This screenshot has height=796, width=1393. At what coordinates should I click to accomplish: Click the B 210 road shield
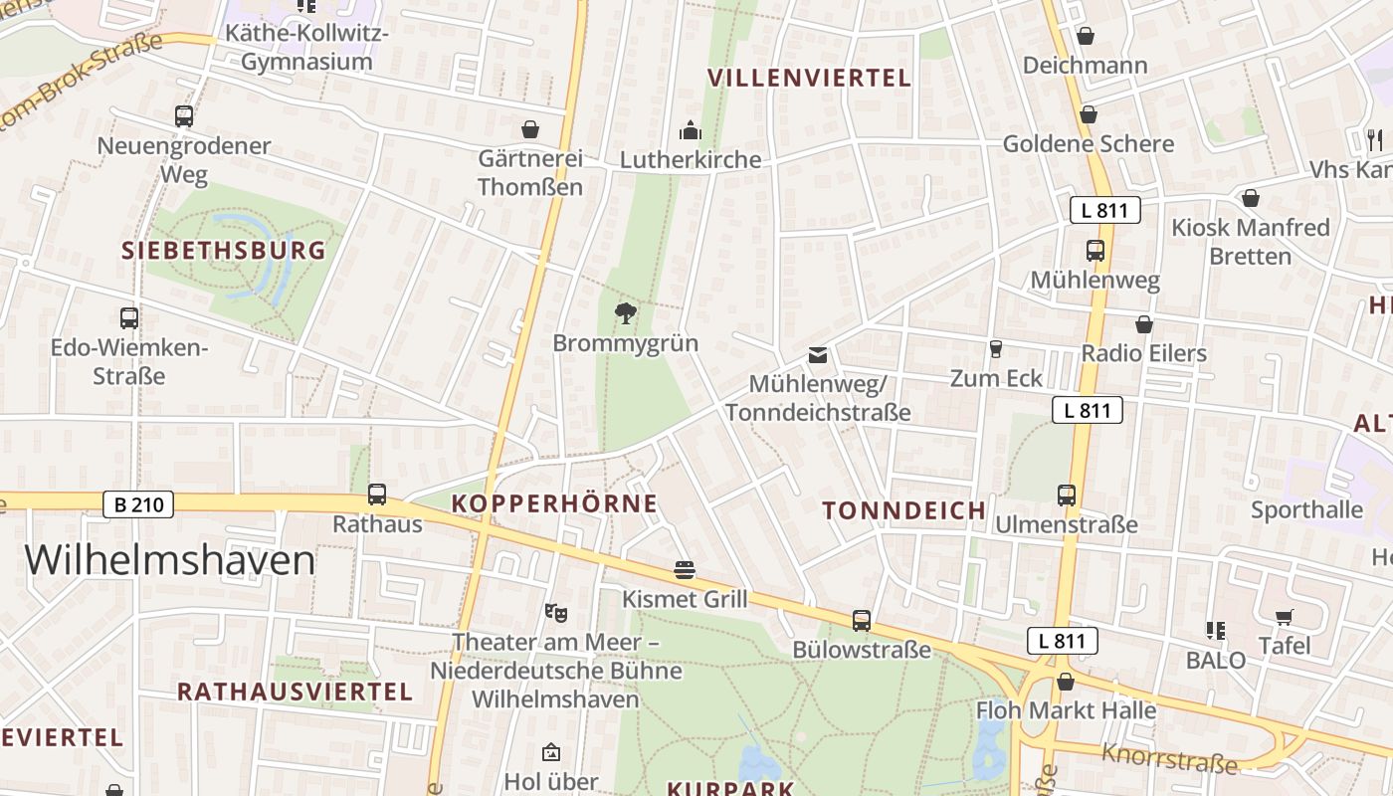[138, 504]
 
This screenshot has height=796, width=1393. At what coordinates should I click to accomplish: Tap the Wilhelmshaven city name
[170, 560]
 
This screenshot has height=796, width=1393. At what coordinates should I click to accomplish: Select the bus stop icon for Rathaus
[377, 494]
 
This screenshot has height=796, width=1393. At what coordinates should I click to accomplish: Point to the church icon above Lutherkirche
[690, 130]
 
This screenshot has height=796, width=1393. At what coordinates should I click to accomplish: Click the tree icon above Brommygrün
[625, 314]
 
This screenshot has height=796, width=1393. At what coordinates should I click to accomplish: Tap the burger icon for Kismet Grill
[684, 570]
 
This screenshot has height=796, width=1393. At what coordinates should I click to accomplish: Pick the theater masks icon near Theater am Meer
[555, 612]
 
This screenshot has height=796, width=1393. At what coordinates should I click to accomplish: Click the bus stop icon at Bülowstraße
[862, 621]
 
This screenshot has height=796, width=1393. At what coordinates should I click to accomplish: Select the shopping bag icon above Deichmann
[1086, 36]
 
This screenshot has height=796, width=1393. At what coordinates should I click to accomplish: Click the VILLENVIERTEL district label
[809, 78]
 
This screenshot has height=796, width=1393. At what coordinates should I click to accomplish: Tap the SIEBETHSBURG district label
[224, 250]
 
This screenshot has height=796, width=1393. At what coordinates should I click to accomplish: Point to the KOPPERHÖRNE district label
[554, 503]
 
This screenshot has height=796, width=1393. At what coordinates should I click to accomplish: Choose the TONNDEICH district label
[904, 510]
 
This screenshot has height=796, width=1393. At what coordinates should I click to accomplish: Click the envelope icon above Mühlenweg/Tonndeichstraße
[817, 355]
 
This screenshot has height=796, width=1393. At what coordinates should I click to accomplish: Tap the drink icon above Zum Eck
[995, 349]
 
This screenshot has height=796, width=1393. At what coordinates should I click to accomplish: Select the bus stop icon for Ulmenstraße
[1067, 495]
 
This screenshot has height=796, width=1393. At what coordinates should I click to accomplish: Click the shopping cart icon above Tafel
[1285, 617]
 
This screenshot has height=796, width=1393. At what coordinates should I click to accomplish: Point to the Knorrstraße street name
[1169, 758]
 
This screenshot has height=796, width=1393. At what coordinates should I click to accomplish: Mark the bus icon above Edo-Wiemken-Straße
[129, 318]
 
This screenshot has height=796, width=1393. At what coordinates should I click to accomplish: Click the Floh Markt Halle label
[1066, 710]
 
